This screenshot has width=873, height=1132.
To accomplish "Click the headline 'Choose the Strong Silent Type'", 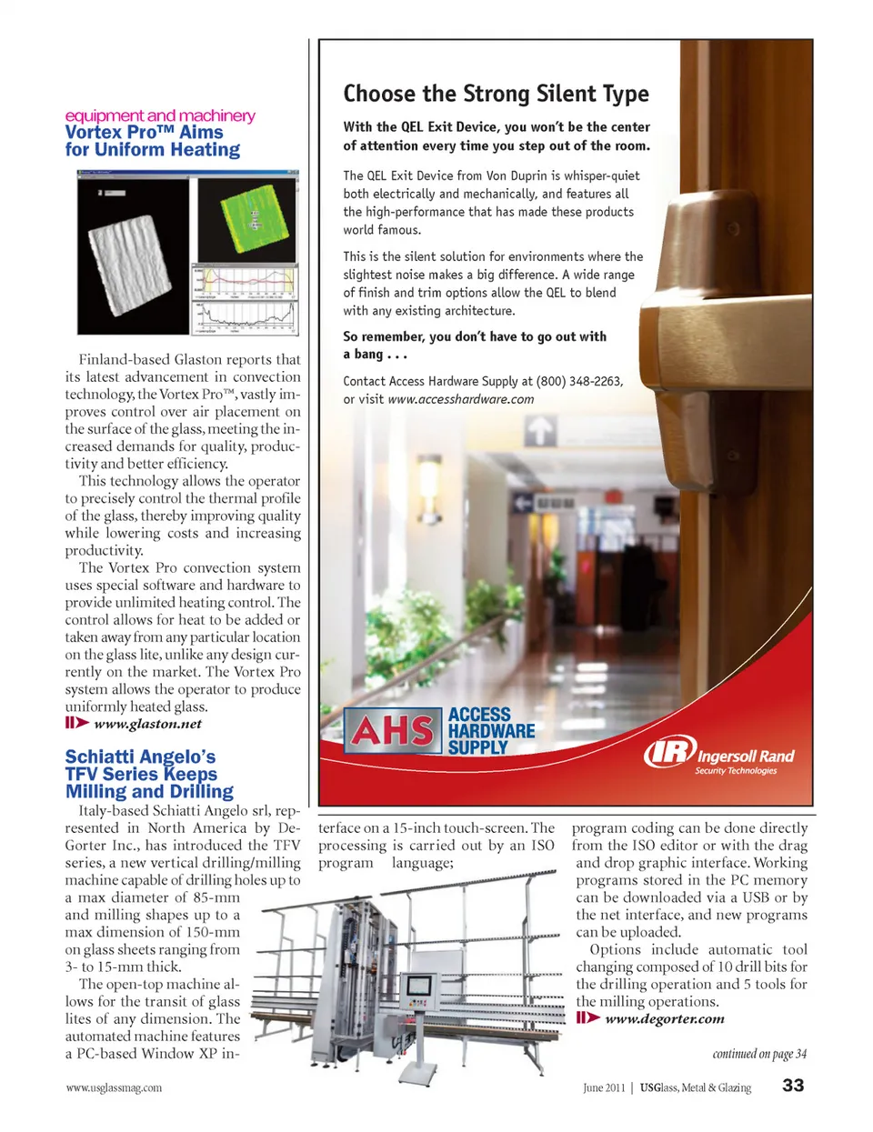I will tap(496, 94).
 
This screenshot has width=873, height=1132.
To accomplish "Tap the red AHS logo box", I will tap(393, 730).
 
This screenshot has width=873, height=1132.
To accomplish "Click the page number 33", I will tap(793, 1086).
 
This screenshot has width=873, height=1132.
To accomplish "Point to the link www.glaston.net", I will tap(147, 724).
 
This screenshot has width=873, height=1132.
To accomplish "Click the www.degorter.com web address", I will tap(664, 1018).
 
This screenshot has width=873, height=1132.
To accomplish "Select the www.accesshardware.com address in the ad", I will tap(460, 399).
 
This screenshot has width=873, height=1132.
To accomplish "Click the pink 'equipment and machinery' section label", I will tap(160, 115).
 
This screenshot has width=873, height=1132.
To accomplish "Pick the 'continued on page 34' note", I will tap(759, 1054).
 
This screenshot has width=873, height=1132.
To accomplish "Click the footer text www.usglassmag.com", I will tap(114, 1087).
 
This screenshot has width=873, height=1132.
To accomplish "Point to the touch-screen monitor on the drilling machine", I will tap(420, 987).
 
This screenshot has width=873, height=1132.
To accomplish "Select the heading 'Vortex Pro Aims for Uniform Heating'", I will tap(153, 141).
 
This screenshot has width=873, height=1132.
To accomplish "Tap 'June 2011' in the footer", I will tap(604, 1087).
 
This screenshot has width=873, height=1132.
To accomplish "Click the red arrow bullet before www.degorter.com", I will tap(588, 1018).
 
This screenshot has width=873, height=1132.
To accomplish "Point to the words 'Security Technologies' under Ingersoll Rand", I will tap(736, 771).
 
